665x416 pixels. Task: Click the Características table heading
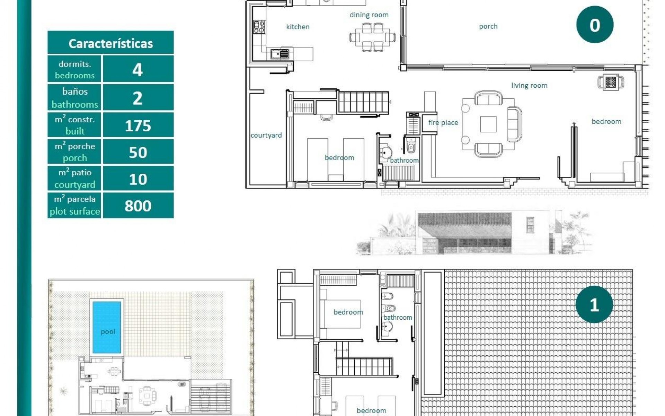tap(110, 44)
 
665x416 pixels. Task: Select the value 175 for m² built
tap(138, 125)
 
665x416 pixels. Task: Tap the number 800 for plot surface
tap(138, 206)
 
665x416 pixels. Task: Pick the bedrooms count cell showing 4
tap(138, 70)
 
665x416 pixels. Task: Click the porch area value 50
tap(138, 153)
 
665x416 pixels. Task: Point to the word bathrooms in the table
tap(75, 104)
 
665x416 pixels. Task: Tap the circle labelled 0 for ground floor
tap(594, 25)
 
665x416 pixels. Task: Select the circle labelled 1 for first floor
tap(594, 305)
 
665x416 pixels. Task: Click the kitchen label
tap(298, 27)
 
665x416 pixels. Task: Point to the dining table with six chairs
tap(372, 37)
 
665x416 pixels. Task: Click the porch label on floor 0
tap(488, 26)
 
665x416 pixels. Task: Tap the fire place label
tap(443, 123)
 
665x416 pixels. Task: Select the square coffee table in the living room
tap(488, 124)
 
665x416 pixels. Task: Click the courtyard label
tap(266, 135)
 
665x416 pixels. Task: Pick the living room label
tap(529, 86)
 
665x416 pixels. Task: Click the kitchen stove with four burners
tap(259, 27)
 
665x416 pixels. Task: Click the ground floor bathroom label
tap(404, 161)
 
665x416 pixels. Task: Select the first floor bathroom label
tap(398, 317)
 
